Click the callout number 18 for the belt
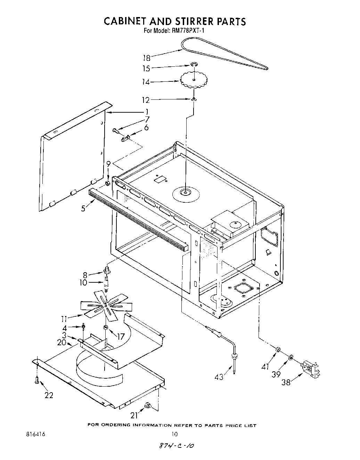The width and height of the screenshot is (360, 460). click(x=146, y=58)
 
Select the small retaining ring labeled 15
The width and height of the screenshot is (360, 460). click(x=193, y=64)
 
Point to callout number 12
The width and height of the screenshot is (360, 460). click(x=146, y=100)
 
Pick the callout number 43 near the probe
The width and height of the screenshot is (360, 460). click(x=219, y=376)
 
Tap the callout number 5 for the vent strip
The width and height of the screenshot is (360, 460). click(x=83, y=209)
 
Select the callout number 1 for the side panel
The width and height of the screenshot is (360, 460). click(x=147, y=112)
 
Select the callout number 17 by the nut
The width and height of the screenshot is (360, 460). click(x=121, y=337)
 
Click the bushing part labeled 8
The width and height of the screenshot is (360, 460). click(x=107, y=269)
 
